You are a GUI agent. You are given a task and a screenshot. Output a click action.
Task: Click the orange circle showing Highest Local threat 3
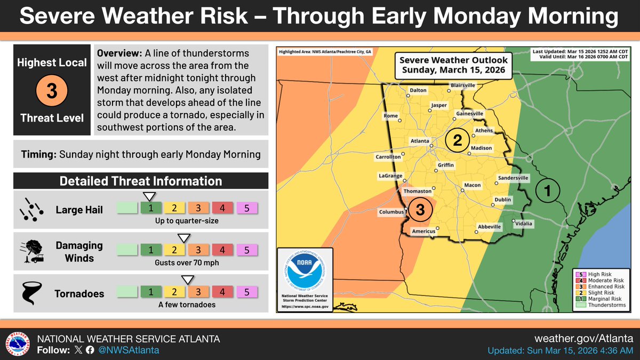coord(52,90)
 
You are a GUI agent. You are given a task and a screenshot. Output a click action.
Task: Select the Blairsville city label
coord(462,85)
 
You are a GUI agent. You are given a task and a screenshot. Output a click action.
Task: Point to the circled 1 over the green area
coord(548,189)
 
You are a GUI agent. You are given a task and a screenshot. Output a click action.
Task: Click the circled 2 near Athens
coord(457,140)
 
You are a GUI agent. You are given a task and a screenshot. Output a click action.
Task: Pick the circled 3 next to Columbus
coord(420,210)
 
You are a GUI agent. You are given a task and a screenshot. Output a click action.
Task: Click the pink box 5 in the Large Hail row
coord(246,208)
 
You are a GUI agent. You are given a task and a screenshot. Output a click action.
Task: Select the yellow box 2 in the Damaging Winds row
coord(174,250)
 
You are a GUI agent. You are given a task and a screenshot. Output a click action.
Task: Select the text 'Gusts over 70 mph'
coord(187,262)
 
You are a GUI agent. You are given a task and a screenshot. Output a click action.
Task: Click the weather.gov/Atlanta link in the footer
coord(583,339)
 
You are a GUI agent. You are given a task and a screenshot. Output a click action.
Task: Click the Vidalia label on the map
coord(524,223)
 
